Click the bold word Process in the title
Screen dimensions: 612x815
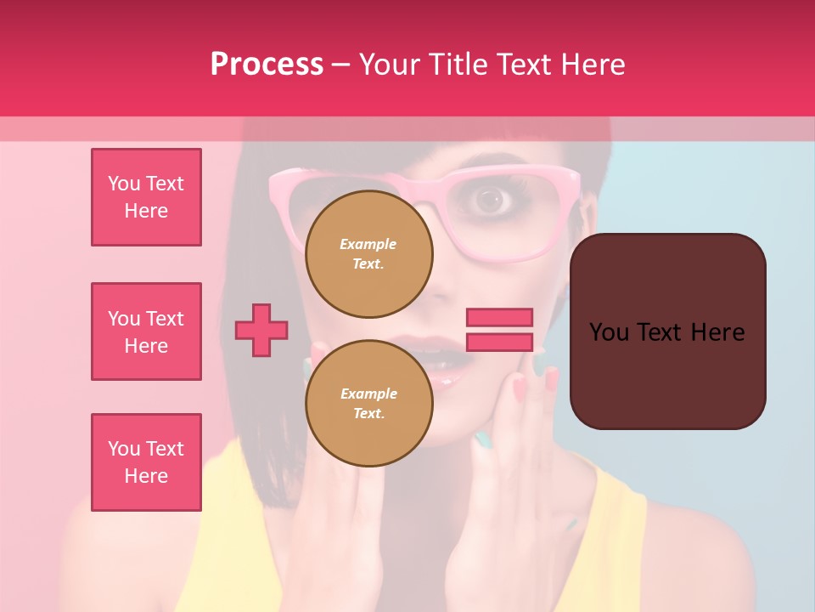267,65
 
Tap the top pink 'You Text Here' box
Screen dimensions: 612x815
146,197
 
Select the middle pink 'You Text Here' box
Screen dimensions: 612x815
146,331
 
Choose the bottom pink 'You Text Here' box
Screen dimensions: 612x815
146,462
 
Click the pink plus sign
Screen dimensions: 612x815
261,330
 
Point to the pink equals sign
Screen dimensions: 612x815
499,330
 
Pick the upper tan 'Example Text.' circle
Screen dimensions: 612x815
368,253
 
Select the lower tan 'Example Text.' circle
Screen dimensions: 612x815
368,403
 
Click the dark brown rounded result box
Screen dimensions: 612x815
667,331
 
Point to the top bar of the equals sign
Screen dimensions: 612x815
499,317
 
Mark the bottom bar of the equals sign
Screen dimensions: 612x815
499,342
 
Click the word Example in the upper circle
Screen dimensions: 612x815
368,244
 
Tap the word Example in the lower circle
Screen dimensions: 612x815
368,394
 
